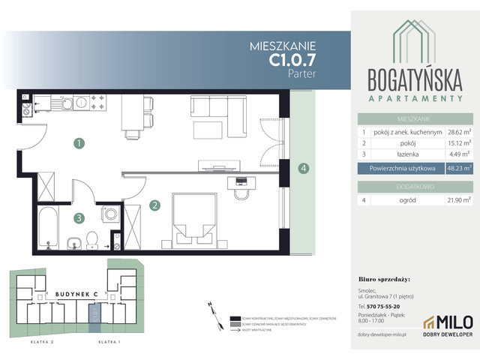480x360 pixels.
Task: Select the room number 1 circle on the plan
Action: click(x=79, y=142)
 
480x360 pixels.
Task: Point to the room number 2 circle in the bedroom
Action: click(x=154, y=205)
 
